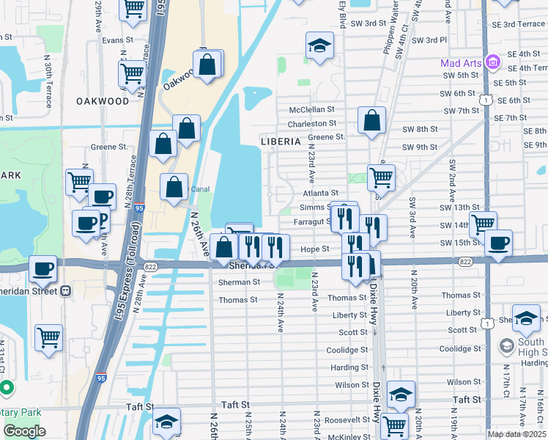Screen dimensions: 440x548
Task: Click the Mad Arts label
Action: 459,63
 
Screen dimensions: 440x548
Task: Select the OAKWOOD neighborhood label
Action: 102,101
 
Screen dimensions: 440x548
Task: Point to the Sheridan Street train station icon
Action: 65,290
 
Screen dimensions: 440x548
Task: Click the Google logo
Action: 24,431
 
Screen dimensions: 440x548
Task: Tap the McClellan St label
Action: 312,109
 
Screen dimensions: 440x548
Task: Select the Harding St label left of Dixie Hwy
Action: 349,367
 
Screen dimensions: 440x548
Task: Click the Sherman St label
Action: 239,282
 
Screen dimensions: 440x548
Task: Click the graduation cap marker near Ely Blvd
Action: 319,45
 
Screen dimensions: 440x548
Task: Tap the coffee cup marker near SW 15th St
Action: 498,243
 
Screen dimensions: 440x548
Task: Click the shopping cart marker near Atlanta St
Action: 381,177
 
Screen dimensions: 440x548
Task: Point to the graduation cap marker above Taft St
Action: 401,395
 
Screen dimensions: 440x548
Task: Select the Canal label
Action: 200,188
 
